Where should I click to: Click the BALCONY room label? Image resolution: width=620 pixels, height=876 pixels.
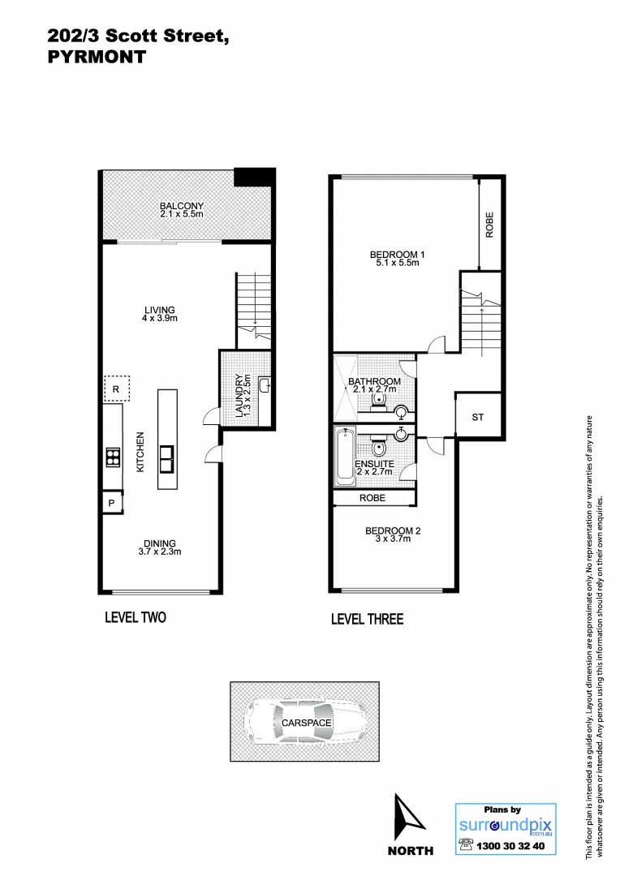182,209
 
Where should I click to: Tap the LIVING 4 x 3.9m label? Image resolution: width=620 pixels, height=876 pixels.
160,314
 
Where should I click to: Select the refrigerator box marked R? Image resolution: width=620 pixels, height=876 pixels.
116,389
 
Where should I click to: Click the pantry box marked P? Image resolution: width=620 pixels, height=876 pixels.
111,504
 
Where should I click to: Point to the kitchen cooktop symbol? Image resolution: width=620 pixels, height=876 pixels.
112,458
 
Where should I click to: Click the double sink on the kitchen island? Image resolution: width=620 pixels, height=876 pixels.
168,458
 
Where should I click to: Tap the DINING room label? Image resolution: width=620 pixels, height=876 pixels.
160,547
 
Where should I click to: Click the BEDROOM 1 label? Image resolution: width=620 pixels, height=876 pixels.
398,259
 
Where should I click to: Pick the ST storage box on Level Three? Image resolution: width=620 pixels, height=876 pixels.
478,417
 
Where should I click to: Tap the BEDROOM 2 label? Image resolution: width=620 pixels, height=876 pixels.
393,535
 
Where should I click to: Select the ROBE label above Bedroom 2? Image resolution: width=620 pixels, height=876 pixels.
372,498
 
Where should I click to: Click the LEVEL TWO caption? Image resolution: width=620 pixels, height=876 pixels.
136,617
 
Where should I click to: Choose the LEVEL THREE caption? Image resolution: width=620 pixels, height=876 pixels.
367,620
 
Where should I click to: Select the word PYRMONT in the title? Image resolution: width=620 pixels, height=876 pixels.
97,58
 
